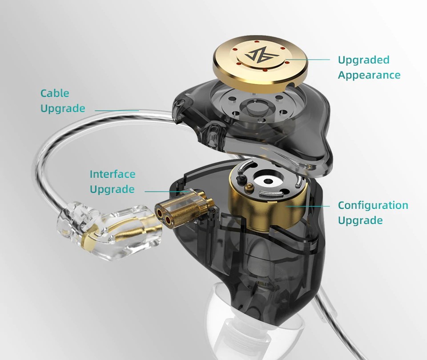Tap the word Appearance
pos(369,76)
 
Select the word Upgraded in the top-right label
pos(364,60)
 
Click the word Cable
pos(55,93)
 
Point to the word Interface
pos(113,174)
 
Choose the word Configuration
pos(373,205)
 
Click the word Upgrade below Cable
pos(63,108)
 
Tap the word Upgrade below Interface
pos(112,189)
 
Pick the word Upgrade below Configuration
pos(360,220)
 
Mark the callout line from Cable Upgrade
pos(117,111)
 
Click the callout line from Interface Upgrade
pos(167,192)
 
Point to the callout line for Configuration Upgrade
pos(308,206)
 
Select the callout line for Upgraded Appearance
pos(307,59)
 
